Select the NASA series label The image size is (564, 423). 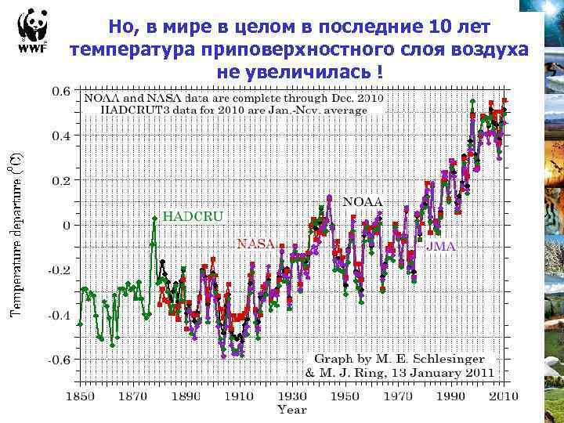pos(255,244)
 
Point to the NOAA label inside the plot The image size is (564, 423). pos(363,201)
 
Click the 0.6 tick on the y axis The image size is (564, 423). pos(61,90)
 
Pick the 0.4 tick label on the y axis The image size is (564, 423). pos(61,136)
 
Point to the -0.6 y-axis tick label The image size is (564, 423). pos(58,360)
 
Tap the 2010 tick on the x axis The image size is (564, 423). pos(503,396)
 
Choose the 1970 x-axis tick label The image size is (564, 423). pos(402,396)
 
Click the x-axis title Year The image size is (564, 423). pos(292,410)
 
